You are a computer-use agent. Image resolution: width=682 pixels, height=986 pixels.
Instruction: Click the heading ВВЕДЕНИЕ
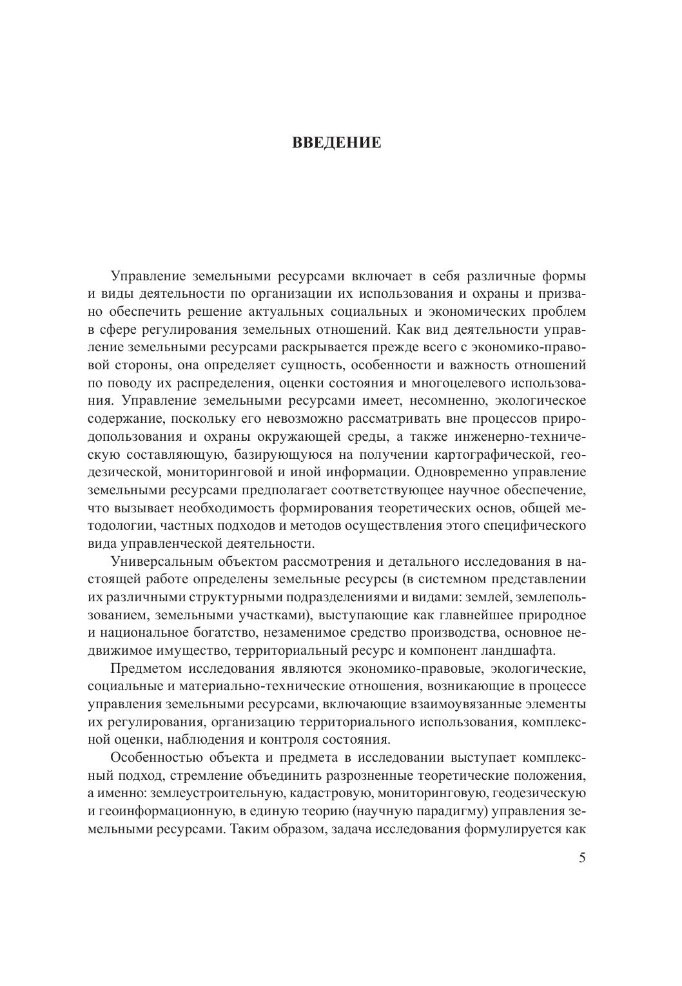pos(336,142)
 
